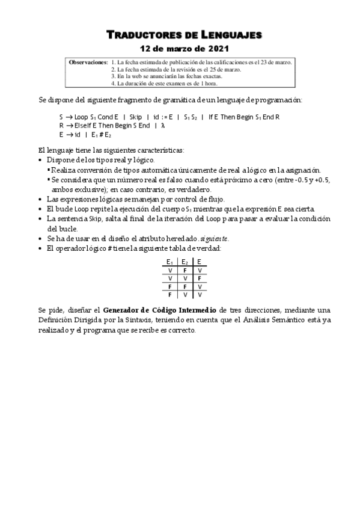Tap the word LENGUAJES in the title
(227, 35)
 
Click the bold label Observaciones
(88, 62)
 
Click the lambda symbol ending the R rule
(162, 125)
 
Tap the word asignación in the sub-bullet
(302, 170)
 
